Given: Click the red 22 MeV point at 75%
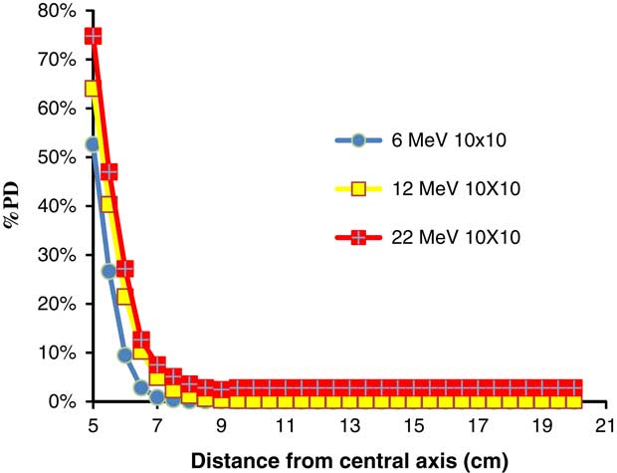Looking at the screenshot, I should tap(94, 36).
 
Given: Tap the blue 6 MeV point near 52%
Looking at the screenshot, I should tap(94, 144).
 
